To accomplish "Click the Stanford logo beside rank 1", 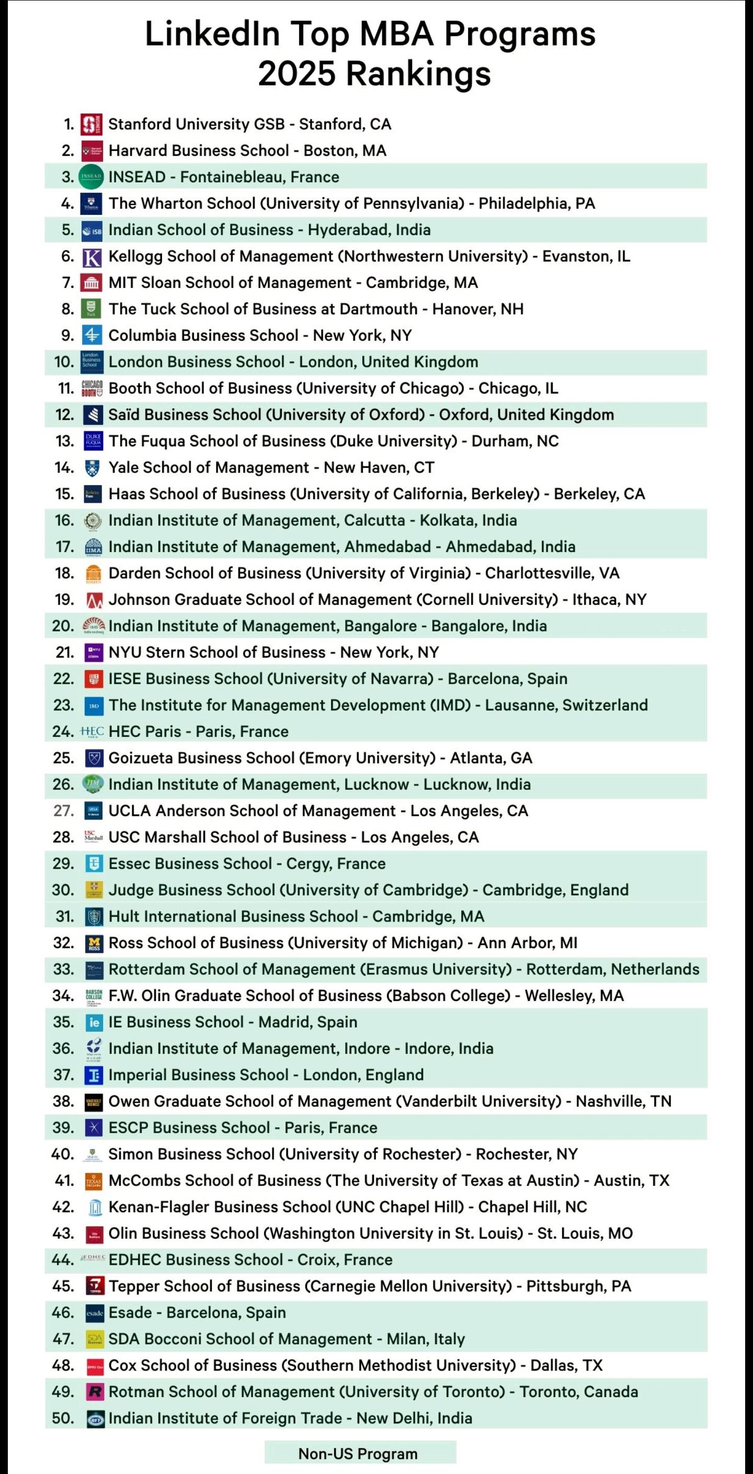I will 92,124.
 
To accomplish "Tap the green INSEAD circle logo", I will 90,177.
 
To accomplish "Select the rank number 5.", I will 67,230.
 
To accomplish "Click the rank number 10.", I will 64,362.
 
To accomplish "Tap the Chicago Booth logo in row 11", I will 92,388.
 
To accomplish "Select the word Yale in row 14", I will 124,467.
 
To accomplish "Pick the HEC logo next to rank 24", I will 92,731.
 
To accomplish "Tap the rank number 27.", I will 64,811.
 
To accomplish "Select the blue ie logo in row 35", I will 94,1022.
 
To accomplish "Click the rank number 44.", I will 63,1260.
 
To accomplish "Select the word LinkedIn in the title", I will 212,34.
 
